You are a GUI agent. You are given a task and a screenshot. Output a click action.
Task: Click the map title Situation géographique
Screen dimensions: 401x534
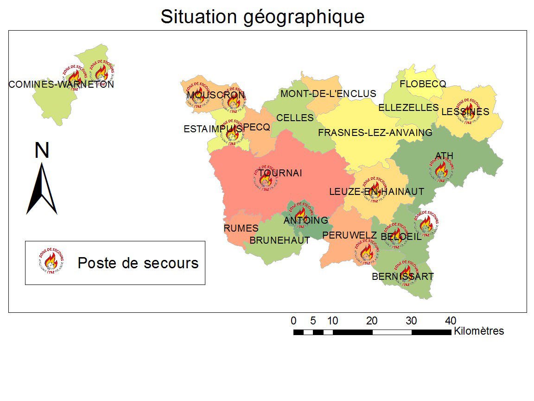click(262, 17)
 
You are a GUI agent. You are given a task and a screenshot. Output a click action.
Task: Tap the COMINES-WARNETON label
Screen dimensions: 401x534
click(61, 84)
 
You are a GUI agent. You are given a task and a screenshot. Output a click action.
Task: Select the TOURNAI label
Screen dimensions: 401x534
click(280, 173)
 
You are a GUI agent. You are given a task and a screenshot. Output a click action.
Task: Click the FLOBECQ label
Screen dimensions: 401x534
click(423, 84)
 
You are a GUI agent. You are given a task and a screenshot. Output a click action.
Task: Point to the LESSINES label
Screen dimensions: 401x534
click(465, 112)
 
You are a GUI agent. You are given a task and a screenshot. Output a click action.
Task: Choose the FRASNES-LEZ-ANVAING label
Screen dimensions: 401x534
click(375, 133)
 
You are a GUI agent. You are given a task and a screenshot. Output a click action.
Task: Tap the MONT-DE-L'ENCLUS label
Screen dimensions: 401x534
click(328, 94)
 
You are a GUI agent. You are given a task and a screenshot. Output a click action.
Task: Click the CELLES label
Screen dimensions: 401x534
click(295, 118)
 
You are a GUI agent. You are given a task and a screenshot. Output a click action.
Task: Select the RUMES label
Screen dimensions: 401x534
click(241, 228)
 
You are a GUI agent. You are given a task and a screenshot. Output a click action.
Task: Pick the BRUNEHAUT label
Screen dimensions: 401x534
click(280, 240)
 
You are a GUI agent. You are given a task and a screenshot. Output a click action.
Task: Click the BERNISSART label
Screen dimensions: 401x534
click(403, 277)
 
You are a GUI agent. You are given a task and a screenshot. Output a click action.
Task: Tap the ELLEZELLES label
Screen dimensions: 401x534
click(408, 108)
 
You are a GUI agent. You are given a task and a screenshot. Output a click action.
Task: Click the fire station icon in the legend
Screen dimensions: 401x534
click(48, 262)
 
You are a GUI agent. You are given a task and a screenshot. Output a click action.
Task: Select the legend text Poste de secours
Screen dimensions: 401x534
click(138, 263)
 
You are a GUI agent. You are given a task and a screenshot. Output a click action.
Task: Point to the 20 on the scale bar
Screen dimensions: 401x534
click(372, 320)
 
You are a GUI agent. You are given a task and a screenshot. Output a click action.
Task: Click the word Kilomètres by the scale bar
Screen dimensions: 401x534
click(479, 331)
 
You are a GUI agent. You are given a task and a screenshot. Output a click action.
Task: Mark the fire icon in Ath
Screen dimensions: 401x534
click(441, 170)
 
